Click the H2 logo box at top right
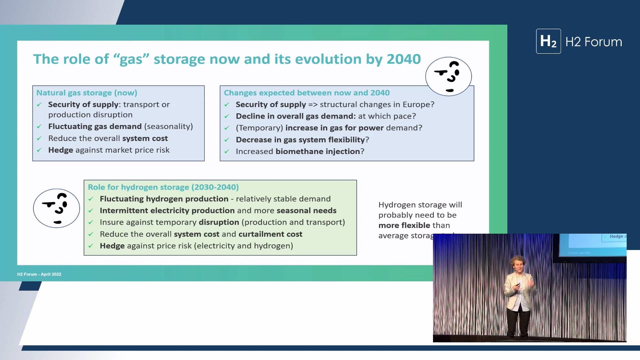pyautogui.click(x=548, y=41)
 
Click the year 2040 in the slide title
pyautogui.click(x=403, y=59)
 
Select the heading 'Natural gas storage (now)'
pyautogui.click(x=87, y=93)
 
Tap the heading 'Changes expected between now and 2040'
pyautogui.click(x=306, y=93)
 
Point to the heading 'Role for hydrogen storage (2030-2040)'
pyautogui.click(x=163, y=187)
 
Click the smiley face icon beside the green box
pyautogui.click(x=56, y=208)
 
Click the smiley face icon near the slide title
pyautogui.click(x=448, y=76)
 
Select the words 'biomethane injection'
pyautogui.click(x=318, y=151)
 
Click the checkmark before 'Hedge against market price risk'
pyautogui.click(x=39, y=150)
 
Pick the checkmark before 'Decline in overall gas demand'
pyautogui.click(x=227, y=116)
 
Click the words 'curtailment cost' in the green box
pyautogui.click(x=270, y=234)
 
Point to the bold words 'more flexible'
pyautogui.click(x=404, y=225)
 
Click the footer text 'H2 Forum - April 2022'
pyautogui.click(x=39, y=274)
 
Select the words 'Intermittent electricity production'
pyautogui.click(x=167, y=211)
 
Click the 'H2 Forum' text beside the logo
pyautogui.click(x=593, y=42)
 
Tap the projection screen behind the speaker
pyautogui.click(x=590, y=245)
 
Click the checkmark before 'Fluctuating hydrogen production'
pyautogui.click(x=91, y=199)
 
